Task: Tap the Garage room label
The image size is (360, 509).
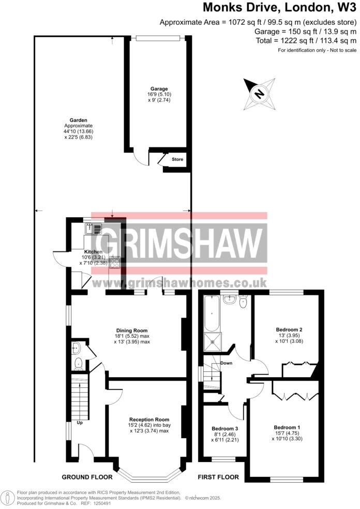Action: pyautogui.click(x=159, y=89)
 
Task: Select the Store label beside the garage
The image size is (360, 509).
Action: pyautogui.click(x=177, y=159)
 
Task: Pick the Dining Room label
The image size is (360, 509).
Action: pyautogui.click(x=131, y=330)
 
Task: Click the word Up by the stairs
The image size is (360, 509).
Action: pyautogui.click(x=80, y=423)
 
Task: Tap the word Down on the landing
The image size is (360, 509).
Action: pyautogui.click(x=227, y=363)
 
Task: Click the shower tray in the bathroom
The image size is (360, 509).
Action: pyautogui.click(x=212, y=340)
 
